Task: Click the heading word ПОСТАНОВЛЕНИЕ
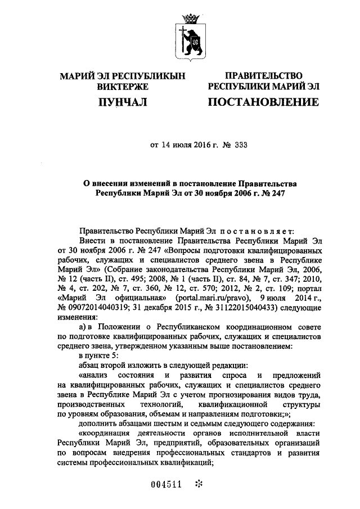pyautogui.click(x=263, y=102)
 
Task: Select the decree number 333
pyautogui.click(x=240, y=144)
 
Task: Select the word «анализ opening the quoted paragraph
pyautogui.click(x=96, y=374)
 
